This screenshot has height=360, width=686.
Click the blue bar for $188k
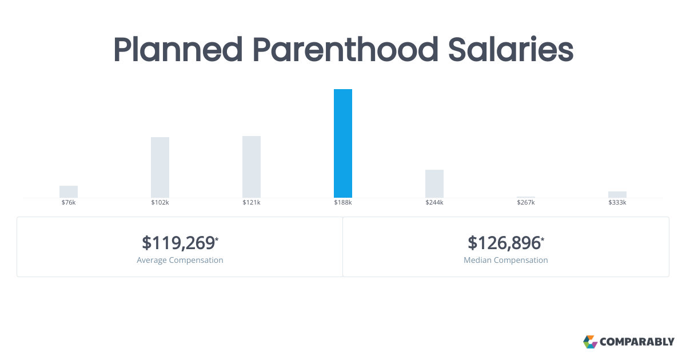coord(343,143)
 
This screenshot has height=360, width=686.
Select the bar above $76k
coord(69,191)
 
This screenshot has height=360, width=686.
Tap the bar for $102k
coord(160,167)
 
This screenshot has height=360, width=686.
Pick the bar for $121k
coord(252,167)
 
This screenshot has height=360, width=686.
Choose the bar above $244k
coord(434,183)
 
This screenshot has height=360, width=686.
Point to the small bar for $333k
coord(617,194)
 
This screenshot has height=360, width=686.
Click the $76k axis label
coord(69,203)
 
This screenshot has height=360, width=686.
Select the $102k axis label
coord(160,203)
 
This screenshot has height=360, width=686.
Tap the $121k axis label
coord(252,203)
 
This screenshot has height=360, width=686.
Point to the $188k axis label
coord(343,203)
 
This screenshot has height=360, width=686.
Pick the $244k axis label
coord(434,203)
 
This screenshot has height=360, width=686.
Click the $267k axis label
coord(526,203)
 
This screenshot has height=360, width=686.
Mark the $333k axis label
coord(617,203)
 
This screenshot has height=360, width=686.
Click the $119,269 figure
coord(179,243)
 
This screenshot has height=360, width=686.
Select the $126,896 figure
coord(505,243)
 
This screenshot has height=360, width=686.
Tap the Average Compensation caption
coord(180,260)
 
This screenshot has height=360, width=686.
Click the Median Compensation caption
coord(506,260)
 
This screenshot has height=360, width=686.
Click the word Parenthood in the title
coord(346,50)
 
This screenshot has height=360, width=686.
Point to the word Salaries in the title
coord(510,50)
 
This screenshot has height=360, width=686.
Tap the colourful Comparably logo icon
coord(590,342)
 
